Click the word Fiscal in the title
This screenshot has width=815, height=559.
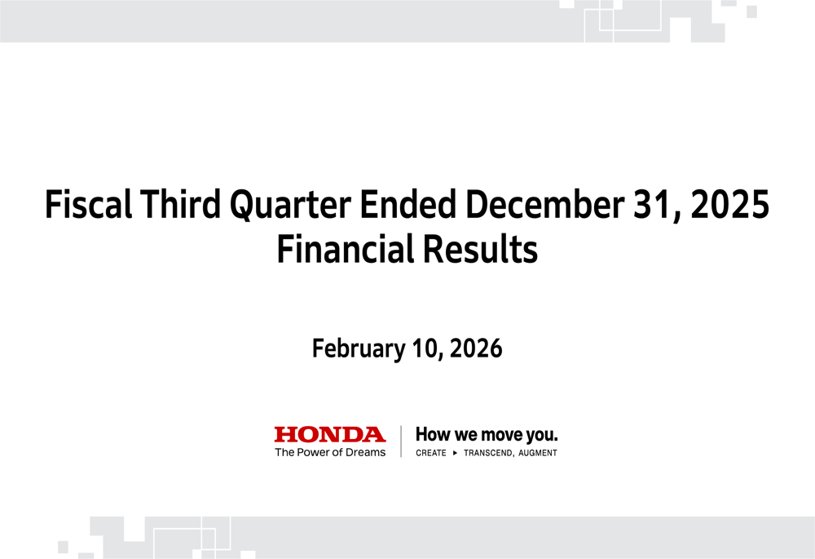pos(87,205)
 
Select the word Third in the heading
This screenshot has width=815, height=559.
pos(178,205)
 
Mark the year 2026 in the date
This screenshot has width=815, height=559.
pos(476,349)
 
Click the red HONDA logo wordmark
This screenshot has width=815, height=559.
pos(329,434)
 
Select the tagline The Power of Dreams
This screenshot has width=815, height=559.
pos(329,452)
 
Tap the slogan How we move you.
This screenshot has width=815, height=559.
pos(487,434)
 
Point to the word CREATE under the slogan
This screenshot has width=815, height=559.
pos(431,453)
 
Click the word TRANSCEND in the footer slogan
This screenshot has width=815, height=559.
pos(488,453)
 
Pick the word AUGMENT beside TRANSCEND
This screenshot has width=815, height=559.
pos(537,453)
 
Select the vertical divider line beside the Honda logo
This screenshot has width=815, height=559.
pos(401,441)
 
